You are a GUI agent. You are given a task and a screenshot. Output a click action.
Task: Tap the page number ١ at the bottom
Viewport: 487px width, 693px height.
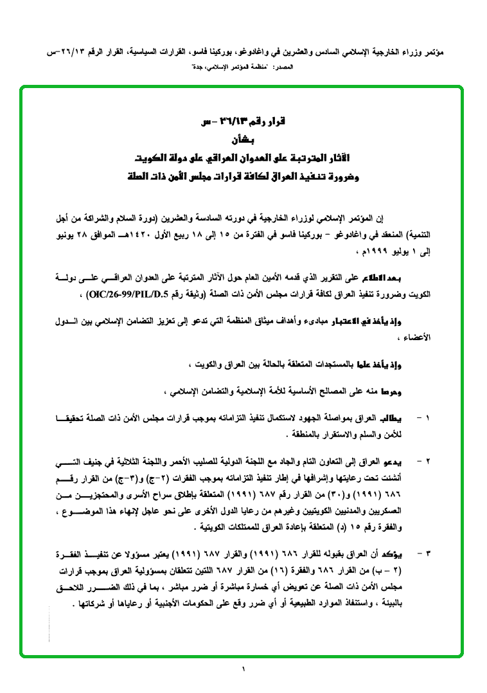(243, 670)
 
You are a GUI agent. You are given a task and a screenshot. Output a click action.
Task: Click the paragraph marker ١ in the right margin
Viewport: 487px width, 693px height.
(429, 418)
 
